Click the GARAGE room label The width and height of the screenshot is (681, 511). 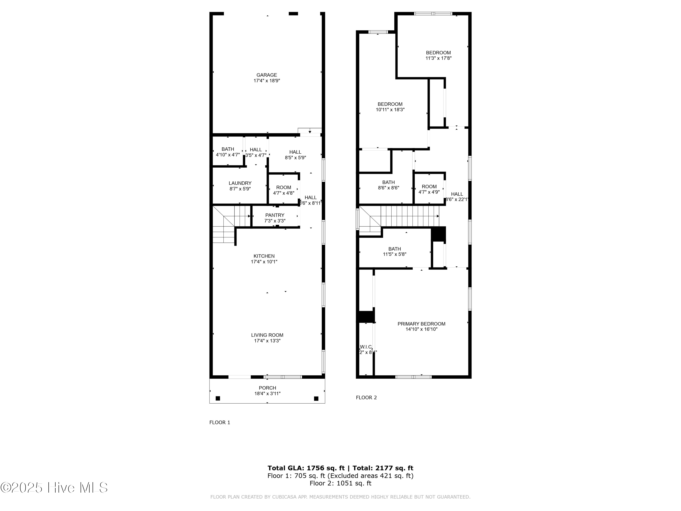(x=267, y=75)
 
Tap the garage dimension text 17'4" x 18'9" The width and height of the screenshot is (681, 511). (x=267, y=81)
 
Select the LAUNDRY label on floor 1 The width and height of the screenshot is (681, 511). (x=240, y=183)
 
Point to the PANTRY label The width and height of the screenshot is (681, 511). (x=275, y=215)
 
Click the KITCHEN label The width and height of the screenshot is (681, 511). (x=264, y=256)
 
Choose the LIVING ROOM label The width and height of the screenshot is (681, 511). (x=267, y=335)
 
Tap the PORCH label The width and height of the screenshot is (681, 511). (x=267, y=388)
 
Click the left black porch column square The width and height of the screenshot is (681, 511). (x=218, y=398)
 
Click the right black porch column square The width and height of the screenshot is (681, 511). (x=316, y=399)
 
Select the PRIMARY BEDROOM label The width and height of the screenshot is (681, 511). (x=421, y=324)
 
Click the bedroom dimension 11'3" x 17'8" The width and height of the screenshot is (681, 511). (x=438, y=58)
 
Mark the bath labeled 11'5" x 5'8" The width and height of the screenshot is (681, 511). (x=394, y=251)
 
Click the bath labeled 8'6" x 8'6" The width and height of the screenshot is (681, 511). (x=389, y=185)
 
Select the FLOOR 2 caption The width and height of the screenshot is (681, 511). (x=366, y=397)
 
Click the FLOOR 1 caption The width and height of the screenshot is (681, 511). (x=220, y=422)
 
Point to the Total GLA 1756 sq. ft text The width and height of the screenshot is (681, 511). (x=306, y=468)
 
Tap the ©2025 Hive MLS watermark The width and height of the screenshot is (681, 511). (x=54, y=488)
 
